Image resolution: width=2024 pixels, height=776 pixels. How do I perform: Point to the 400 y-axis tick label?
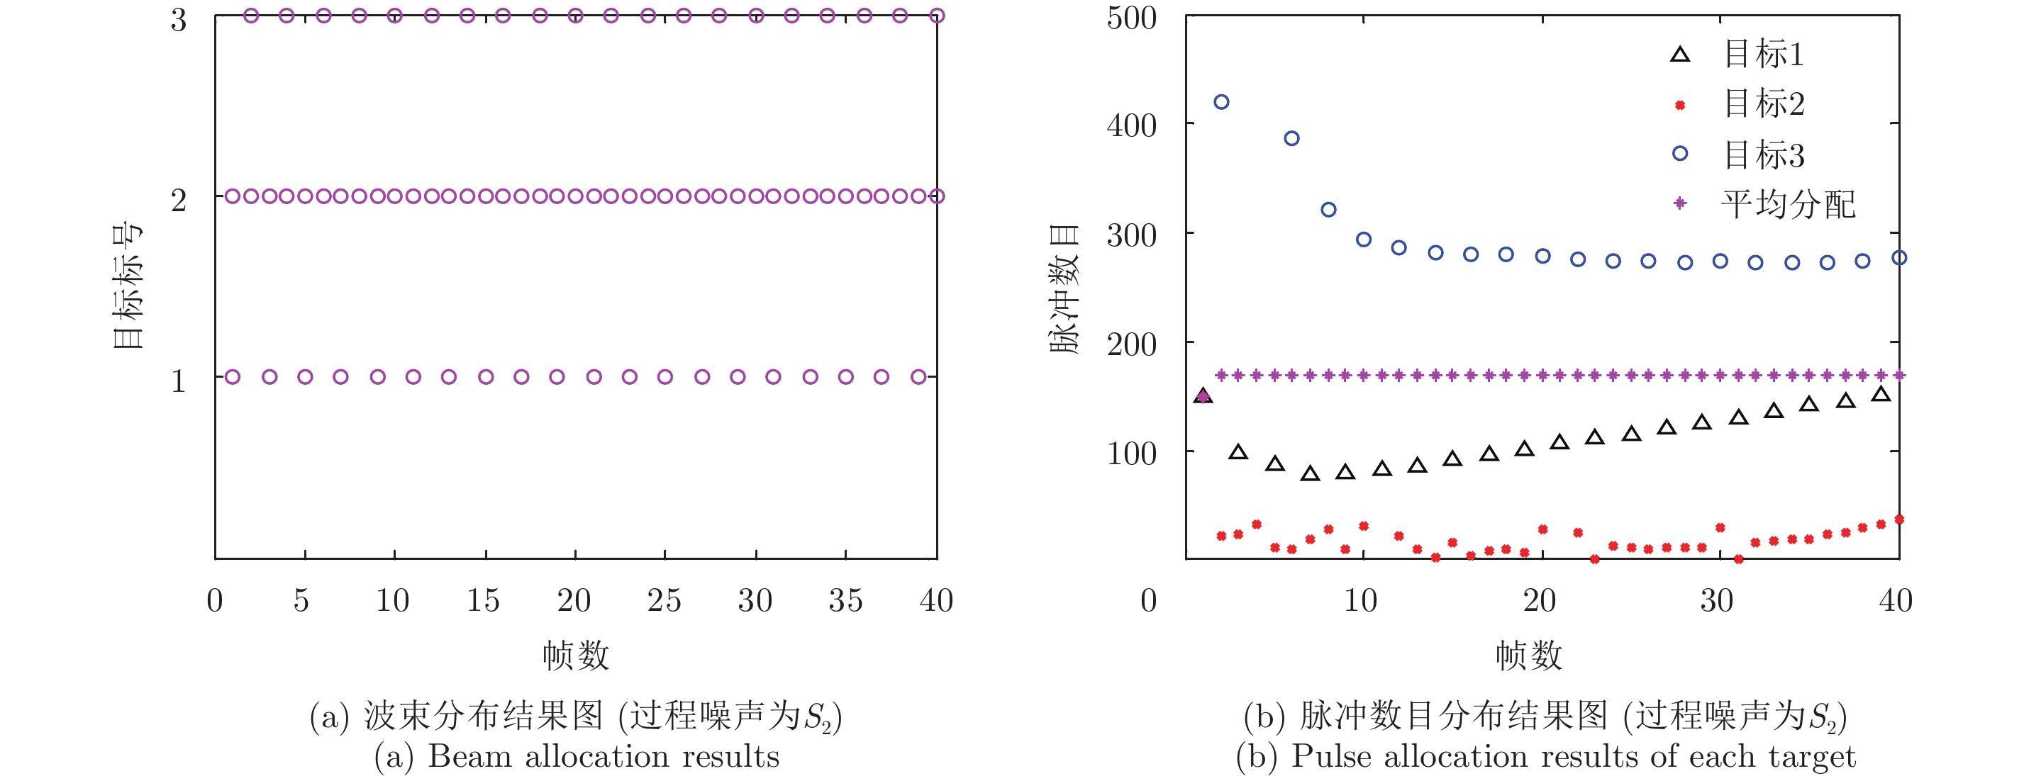(x=1131, y=125)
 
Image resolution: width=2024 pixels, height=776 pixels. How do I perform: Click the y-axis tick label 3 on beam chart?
(x=179, y=20)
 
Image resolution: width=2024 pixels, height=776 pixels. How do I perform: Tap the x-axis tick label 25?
(x=664, y=601)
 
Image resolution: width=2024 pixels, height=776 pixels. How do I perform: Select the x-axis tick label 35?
(x=845, y=601)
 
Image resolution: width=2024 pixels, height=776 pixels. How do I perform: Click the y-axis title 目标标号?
(x=127, y=285)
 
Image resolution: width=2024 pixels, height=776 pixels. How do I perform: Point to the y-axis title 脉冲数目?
(x=1064, y=288)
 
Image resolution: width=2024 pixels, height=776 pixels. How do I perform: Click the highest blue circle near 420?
(x=1221, y=102)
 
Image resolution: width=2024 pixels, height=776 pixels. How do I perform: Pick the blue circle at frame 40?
(x=1899, y=258)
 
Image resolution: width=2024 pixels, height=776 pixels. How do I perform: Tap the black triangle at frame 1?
(x=1203, y=396)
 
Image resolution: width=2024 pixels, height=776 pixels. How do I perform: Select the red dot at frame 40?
(x=1899, y=519)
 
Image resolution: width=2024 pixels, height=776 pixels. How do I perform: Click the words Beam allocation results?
(x=604, y=756)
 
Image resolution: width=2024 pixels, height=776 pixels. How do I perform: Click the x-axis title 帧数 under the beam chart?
(x=576, y=655)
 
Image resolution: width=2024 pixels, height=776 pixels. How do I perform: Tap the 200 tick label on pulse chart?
(x=1131, y=344)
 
